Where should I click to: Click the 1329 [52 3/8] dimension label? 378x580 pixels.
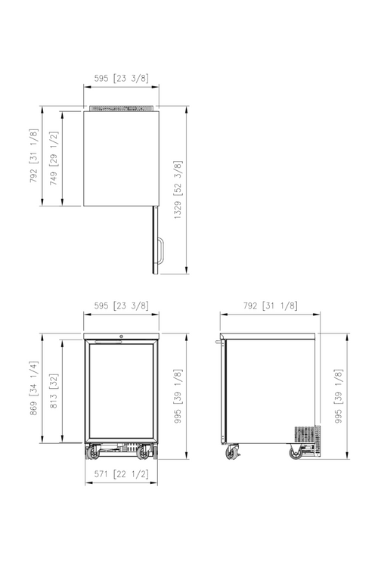[178, 190]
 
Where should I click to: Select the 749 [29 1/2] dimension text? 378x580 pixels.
[54, 158]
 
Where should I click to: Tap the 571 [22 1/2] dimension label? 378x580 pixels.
[121, 474]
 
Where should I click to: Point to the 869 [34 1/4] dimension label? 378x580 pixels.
[34, 388]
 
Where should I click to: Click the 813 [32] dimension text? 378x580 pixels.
[54, 391]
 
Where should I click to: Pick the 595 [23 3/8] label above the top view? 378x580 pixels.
[121, 78]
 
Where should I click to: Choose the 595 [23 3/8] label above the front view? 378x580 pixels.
[121, 306]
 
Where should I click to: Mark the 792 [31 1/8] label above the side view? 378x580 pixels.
[271, 306]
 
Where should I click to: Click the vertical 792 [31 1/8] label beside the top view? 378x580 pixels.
[34, 155]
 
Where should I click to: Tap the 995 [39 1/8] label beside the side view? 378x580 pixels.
[339, 396]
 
